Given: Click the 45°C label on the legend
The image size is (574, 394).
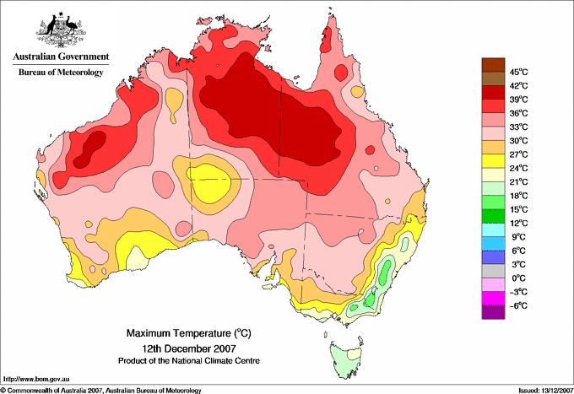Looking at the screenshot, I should click(x=519, y=72).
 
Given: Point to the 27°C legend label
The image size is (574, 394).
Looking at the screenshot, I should click(x=519, y=154).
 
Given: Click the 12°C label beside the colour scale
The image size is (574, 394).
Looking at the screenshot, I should click(x=519, y=223).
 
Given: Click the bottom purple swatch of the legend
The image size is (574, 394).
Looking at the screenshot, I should click(x=491, y=312).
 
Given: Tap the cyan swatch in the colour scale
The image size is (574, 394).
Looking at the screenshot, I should click(x=491, y=229).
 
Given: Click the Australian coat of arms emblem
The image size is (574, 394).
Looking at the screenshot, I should click(x=60, y=30).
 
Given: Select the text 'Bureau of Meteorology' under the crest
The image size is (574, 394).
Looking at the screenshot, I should click(x=61, y=73).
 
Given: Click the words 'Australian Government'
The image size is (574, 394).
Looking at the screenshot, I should click(x=60, y=58).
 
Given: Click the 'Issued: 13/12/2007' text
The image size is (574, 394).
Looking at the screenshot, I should click(x=538, y=389).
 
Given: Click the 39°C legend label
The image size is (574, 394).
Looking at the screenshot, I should click(x=519, y=100).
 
